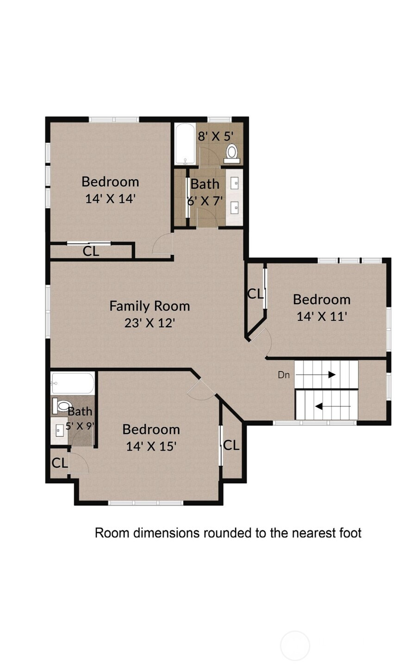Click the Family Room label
[150, 306]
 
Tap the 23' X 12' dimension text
[150, 323]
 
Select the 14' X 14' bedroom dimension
[110, 198]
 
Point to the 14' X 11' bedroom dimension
[322, 316]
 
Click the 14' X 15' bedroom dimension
[151, 446]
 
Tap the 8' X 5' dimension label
[216, 137]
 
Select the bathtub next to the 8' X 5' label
[185, 144]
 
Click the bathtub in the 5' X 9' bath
[73, 383]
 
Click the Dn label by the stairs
[283, 375]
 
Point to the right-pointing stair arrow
[316, 375]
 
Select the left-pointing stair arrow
[333, 406]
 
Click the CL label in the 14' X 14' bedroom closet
[91, 252]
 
